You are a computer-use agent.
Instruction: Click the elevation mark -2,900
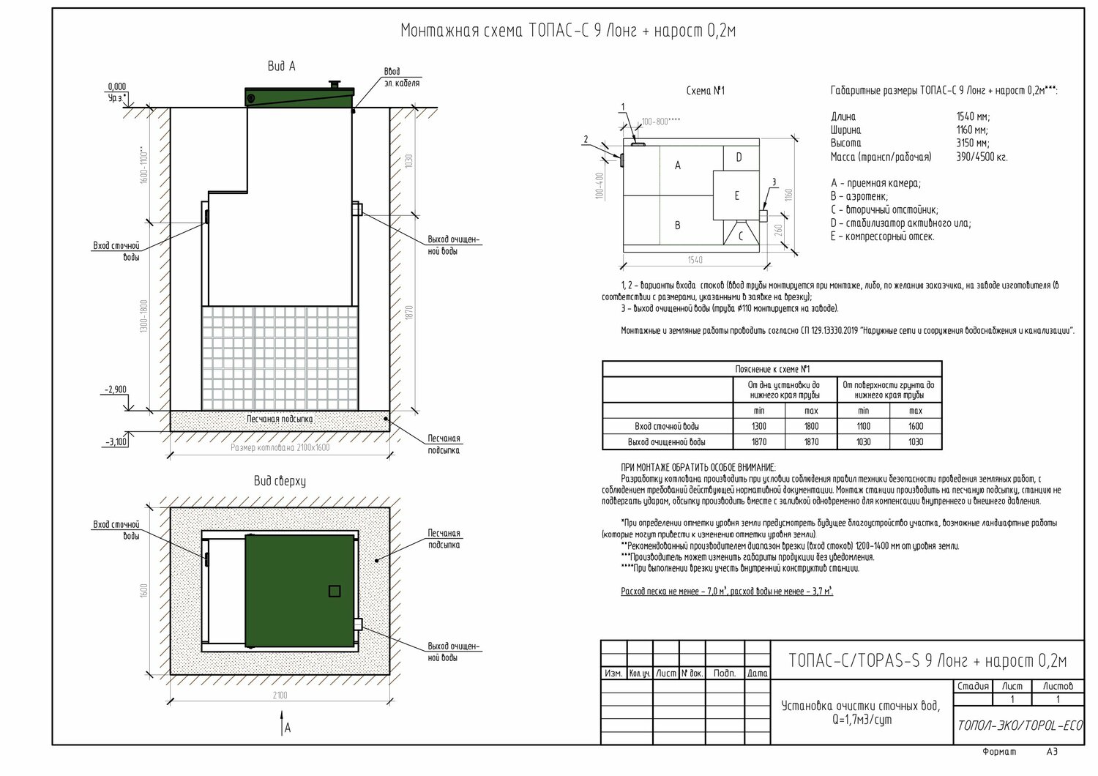pyautogui.click(x=115, y=389)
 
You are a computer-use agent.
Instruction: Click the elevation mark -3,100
pyautogui.click(x=115, y=442)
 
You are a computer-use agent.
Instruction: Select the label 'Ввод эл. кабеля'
pyautogui.click(x=401, y=78)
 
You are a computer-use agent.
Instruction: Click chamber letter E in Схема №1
pyautogui.click(x=736, y=195)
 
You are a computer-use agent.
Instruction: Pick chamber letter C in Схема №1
pyautogui.click(x=740, y=236)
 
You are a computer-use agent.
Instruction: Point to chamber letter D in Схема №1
pyautogui.click(x=739, y=157)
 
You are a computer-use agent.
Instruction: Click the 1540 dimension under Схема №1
pyautogui.click(x=695, y=260)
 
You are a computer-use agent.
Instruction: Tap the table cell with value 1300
pyautogui.click(x=758, y=426)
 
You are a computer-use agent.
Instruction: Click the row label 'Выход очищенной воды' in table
pyautogui.click(x=667, y=442)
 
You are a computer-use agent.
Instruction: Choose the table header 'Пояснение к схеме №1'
pyautogui.click(x=772, y=369)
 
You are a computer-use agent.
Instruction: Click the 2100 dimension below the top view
pyautogui.click(x=280, y=695)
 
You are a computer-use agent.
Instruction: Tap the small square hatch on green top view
pyautogui.click(x=335, y=590)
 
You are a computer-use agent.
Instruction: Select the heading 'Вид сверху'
pyautogui.click(x=279, y=482)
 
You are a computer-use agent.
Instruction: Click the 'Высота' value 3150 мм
pyautogui.click(x=972, y=143)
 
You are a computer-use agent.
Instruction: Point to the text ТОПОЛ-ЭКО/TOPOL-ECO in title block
pyautogui.click(x=1020, y=725)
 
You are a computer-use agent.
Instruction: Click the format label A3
pyautogui.click(x=1052, y=752)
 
